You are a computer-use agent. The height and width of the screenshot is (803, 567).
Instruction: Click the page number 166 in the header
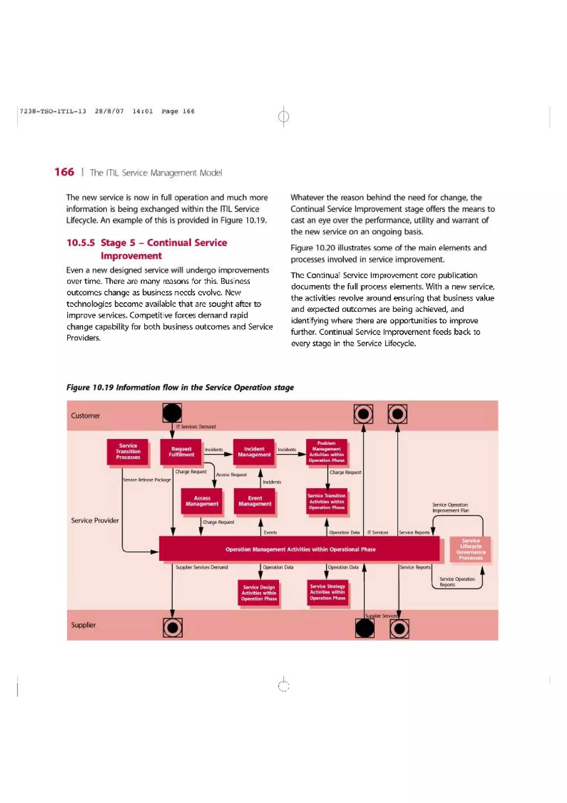pos(64,172)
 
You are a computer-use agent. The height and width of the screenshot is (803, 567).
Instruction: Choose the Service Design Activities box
pos(259,593)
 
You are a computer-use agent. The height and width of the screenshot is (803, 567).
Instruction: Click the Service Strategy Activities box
pos(327,592)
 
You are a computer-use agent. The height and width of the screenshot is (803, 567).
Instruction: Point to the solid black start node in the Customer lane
pos(172,413)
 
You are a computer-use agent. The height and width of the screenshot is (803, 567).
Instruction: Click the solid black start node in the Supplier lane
pos(364,628)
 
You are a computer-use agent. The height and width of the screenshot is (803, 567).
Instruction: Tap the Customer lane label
pos(85,415)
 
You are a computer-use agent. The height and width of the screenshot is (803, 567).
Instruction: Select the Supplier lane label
pos(83,625)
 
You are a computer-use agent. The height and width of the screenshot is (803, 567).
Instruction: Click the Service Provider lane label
pos(95,520)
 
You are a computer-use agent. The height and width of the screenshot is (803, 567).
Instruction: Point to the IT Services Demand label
pos(196,427)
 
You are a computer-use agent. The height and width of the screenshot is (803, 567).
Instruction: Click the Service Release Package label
pos(147,480)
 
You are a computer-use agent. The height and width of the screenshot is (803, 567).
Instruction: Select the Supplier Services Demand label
pos(202,567)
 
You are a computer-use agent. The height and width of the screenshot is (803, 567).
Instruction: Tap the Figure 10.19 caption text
pos(180,387)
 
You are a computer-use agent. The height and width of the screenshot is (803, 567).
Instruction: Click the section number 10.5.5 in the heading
pos(80,243)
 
